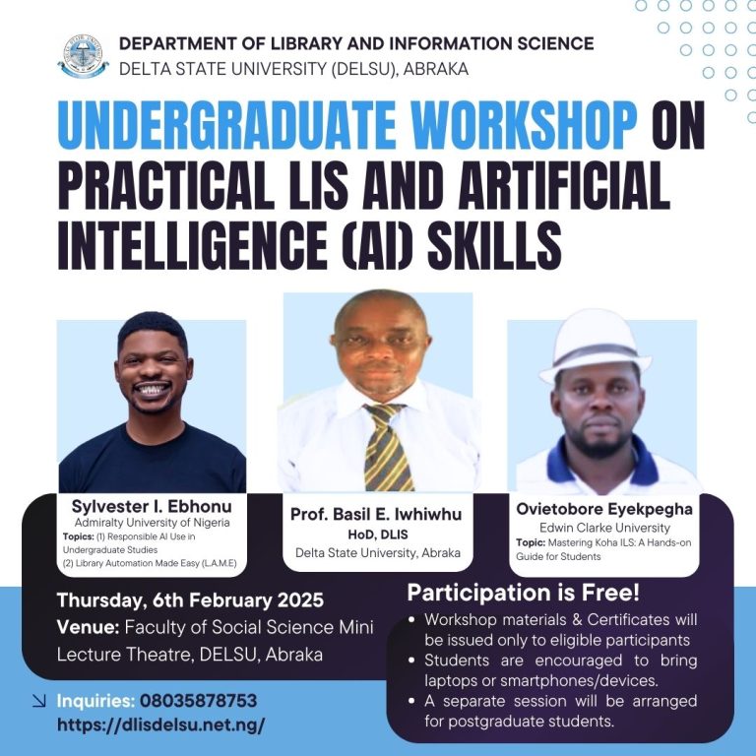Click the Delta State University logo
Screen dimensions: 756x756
pos(83,56)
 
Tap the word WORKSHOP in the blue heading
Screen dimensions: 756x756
pos(524,125)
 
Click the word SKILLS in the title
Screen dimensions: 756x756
pos(495,245)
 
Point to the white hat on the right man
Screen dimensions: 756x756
pos(595,346)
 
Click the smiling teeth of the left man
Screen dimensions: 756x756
pos(152,389)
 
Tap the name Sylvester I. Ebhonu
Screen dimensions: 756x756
pos(152,506)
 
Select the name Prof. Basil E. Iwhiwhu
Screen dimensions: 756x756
pos(376,515)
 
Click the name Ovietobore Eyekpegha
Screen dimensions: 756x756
pos(604,509)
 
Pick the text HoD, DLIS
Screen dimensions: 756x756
pos(378,535)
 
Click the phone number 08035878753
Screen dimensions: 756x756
pos(198,701)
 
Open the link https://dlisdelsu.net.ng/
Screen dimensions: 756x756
pos(161,724)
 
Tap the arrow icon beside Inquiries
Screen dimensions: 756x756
pos(39,701)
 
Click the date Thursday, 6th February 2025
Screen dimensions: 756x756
pos(190,600)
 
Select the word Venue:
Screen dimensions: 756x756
pos(88,627)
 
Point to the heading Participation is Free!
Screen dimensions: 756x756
pos(523,593)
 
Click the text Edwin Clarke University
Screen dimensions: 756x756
pos(604,528)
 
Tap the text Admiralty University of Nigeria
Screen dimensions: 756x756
pos(152,522)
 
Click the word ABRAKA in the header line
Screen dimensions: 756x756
pos(436,69)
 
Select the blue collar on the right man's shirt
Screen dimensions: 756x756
pos(602,461)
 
